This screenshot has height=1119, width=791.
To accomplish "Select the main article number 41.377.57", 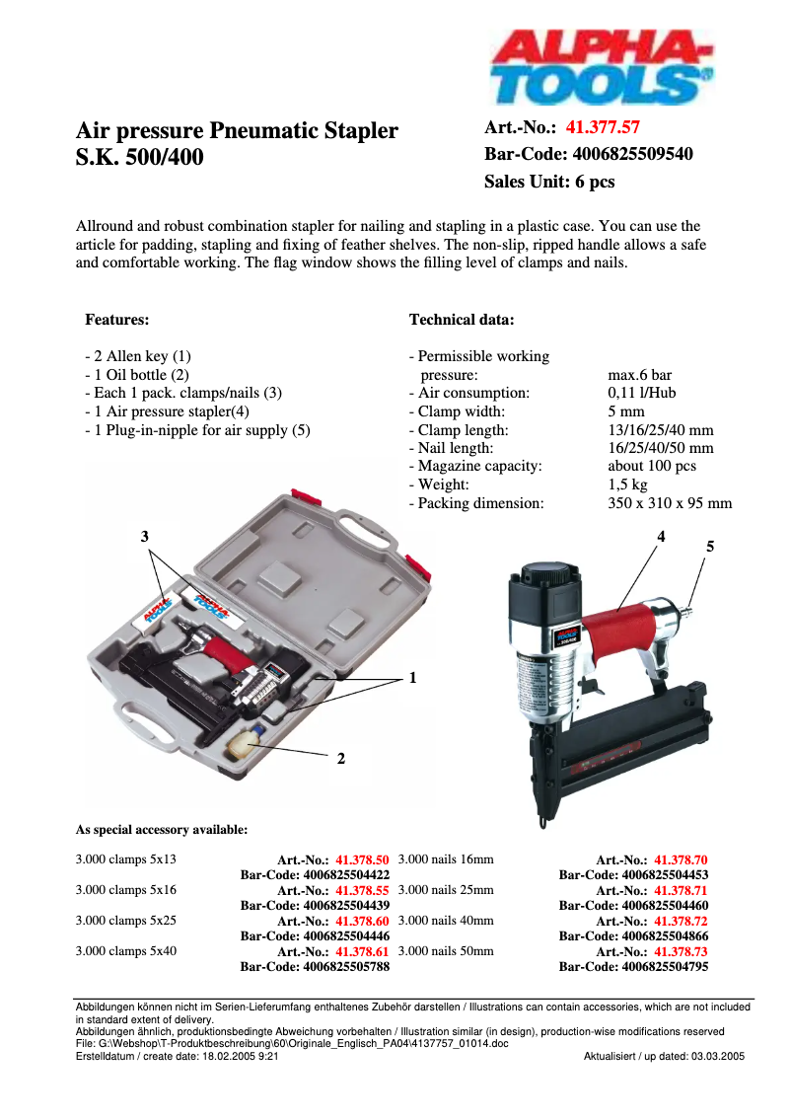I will [x=603, y=127].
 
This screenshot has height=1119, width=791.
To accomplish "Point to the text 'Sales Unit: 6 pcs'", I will [x=549, y=182].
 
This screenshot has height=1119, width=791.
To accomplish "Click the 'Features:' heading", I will [x=117, y=320].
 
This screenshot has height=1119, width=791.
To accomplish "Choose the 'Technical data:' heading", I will [x=461, y=320].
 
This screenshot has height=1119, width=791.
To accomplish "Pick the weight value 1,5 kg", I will [x=628, y=485].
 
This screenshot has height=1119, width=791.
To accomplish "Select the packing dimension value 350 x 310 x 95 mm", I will [x=670, y=503].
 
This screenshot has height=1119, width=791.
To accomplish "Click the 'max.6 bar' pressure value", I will [x=640, y=375].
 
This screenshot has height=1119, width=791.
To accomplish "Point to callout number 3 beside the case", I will [x=145, y=536].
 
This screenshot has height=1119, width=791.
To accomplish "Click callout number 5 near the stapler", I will [x=709, y=546].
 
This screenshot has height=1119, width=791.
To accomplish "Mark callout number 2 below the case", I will [x=340, y=759].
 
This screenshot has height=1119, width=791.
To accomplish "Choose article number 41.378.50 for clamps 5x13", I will [x=362, y=860].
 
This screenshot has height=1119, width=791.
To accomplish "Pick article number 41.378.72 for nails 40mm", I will [x=681, y=922].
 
